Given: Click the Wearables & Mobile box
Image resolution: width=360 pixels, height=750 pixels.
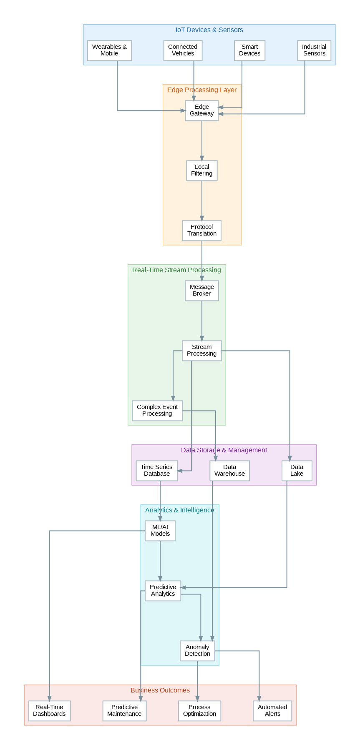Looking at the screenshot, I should pos(109,50).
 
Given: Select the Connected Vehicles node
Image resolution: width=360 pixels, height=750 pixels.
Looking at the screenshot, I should pos(183,50).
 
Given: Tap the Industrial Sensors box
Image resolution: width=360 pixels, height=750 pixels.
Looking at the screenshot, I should pos(314,50).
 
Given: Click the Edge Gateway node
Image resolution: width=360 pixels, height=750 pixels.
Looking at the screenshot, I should pos(202,110).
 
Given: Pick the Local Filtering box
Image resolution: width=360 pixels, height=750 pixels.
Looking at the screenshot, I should pos(202,171).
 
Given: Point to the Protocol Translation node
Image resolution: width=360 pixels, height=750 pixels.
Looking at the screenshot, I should pos(202,231).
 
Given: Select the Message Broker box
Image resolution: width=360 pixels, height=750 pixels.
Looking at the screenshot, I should pos(202,291).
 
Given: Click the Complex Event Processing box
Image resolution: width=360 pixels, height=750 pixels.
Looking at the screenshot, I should pos(157,411).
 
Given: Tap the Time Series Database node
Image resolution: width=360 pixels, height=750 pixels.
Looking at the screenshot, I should pos(157,471).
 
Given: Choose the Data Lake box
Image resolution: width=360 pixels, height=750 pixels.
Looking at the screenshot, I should pos(297,471).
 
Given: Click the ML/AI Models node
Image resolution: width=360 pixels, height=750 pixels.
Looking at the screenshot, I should pos(160,531).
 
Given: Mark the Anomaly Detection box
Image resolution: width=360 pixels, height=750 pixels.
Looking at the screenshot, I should pos(198,651).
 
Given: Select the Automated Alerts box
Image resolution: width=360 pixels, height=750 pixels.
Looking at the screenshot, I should pos(272,711).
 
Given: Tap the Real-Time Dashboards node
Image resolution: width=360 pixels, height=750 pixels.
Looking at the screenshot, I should pos(49,711).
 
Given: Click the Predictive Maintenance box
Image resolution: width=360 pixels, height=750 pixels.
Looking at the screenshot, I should pos(124,711).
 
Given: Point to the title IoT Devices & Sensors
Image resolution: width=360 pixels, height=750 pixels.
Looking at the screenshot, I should pos(209,30).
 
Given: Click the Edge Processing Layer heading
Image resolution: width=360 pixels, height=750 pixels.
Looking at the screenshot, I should pos(202,90).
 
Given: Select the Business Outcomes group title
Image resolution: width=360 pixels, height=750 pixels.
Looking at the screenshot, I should pos(160,690).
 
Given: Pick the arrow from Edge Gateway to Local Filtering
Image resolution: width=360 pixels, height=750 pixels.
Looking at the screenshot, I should pos(202,140).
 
